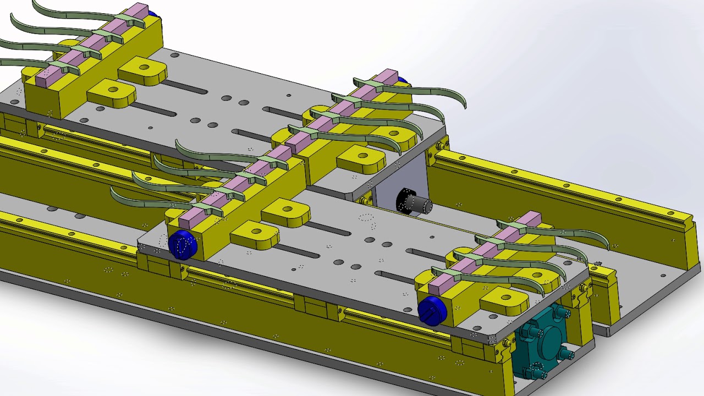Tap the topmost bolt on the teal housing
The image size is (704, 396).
click(561, 313)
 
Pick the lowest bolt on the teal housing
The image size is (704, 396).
click(537, 374)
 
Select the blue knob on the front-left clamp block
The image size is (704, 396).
click(182, 244)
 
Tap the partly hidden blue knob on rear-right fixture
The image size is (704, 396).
click(403, 80)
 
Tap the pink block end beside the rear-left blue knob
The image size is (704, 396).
click(140, 10)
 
